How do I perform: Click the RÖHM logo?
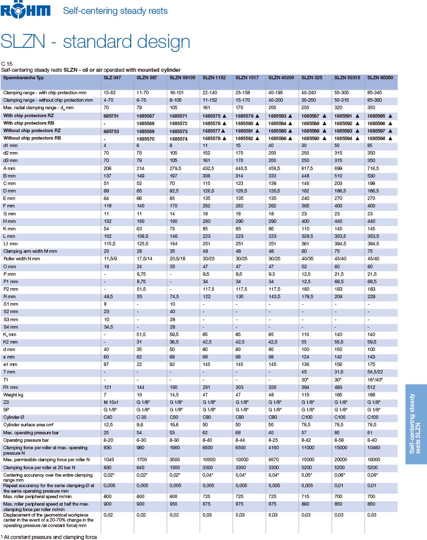click(x=26, y=10)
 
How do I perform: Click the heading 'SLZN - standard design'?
click(x=96, y=41)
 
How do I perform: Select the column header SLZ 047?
click(x=112, y=78)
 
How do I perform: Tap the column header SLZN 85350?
click(x=380, y=78)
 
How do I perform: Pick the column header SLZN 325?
click(x=312, y=78)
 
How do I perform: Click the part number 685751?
click(x=111, y=116)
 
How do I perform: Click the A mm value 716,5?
click(x=375, y=169)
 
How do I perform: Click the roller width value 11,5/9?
click(x=111, y=259)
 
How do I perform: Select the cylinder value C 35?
click(x=143, y=417)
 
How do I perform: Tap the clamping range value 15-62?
click(x=110, y=93)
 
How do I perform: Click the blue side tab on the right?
click(x=416, y=424)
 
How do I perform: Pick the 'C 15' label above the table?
click(x=6, y=64)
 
